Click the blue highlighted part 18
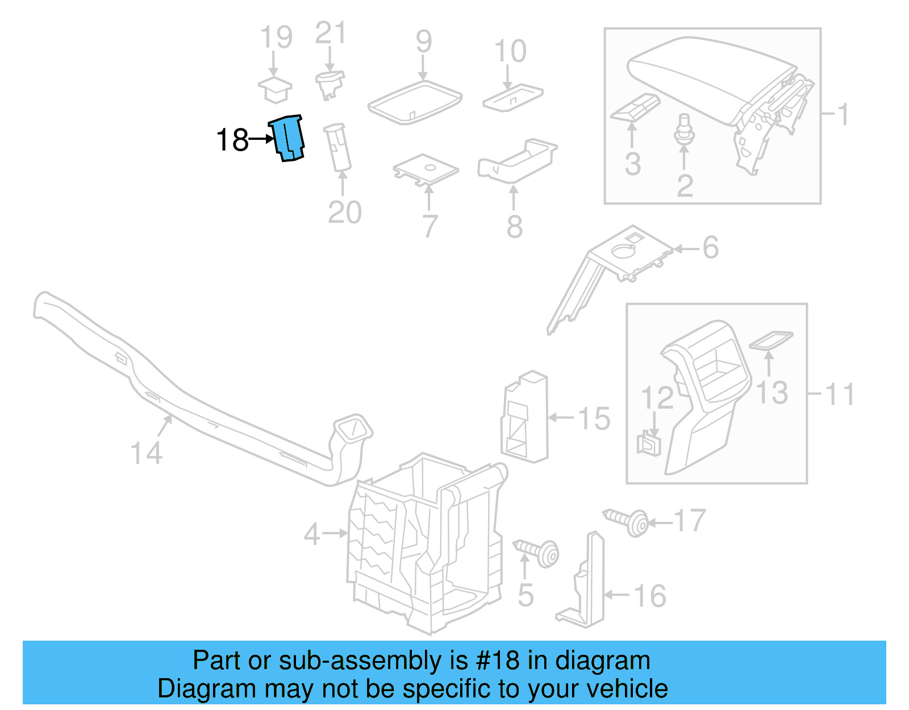(289, 138)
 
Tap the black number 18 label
(232, 140)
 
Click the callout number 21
(331, 34)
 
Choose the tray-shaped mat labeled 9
(415, 102)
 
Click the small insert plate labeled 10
(512, 97)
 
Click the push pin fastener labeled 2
(684, 131)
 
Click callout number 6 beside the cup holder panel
(710, 247)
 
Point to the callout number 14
(146, 453)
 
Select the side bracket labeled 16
(585, 586)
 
